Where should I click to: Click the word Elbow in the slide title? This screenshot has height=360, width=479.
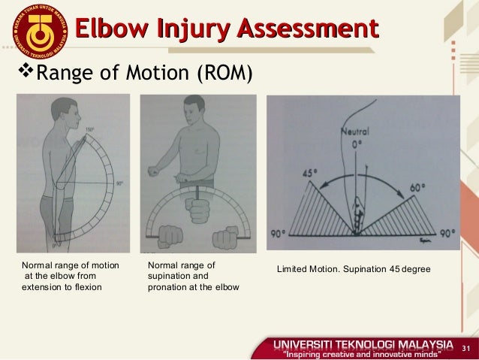[112, 29]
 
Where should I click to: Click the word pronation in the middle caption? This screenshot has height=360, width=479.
[173, 286]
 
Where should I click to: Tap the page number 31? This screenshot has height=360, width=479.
[465, 347]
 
